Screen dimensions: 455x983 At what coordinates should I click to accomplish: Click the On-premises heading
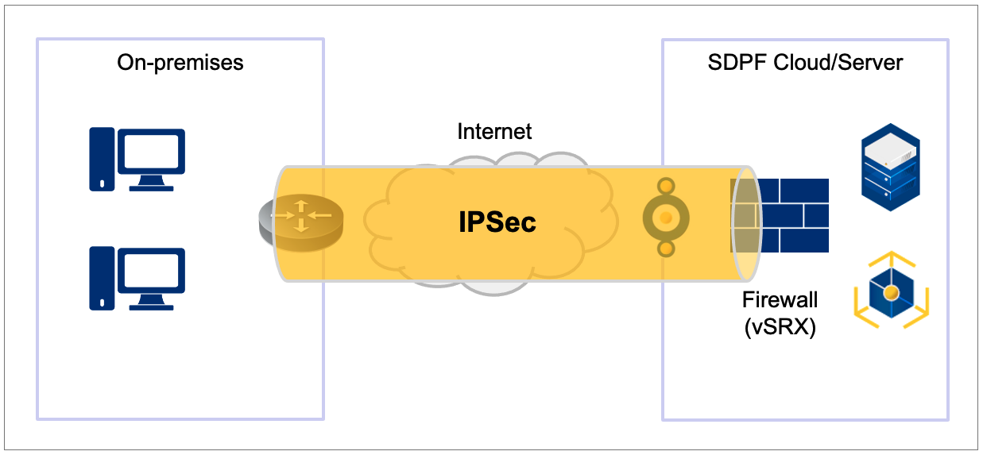[180, 63]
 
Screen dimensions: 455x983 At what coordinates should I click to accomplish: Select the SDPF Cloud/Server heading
[805, 63]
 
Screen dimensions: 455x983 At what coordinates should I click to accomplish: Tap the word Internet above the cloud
[494, 131]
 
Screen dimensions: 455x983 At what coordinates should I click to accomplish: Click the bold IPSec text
[497, 222]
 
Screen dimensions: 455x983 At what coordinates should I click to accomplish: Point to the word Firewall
[780, 300]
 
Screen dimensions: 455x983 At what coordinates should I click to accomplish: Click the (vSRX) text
[780, 328]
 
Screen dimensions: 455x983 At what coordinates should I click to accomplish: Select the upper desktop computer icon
[137, 160]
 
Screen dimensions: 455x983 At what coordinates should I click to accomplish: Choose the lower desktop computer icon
[137, 277]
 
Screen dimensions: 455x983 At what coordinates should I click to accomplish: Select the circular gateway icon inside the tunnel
[667, 217]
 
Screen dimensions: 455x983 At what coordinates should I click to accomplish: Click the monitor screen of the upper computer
[152, 151]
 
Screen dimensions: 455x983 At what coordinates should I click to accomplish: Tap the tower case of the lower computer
[101, 277]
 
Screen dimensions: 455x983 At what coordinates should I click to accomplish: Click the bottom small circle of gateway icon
[667, 249]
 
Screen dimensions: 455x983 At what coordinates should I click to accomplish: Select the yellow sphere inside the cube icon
[892, 293]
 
